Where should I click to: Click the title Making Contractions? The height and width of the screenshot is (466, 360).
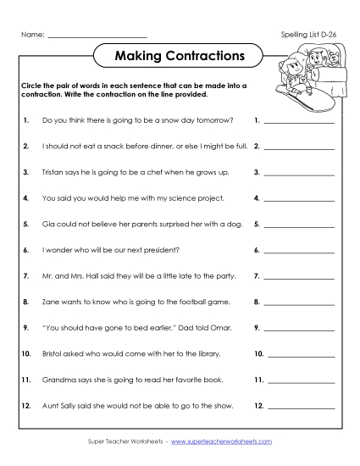(x=179, y=57)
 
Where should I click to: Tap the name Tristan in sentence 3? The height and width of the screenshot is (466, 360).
(x=53, y=172)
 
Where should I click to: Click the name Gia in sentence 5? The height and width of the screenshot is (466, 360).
(x=47, y=225)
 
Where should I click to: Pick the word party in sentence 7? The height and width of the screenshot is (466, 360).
(x=219, y=276)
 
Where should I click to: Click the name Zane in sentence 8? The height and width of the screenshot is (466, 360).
(x=50, y=302)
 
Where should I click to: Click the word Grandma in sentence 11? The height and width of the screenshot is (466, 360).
(x=58, y=380)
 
